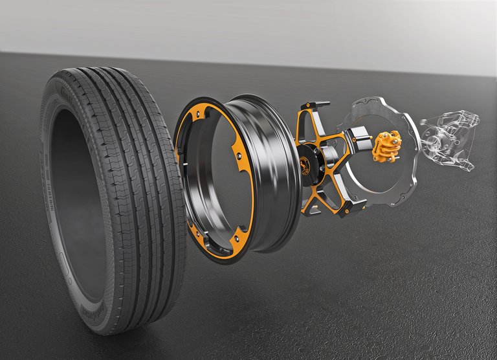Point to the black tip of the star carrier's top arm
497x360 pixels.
click(x=320, y=104)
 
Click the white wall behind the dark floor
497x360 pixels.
click(x=259, y=26)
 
